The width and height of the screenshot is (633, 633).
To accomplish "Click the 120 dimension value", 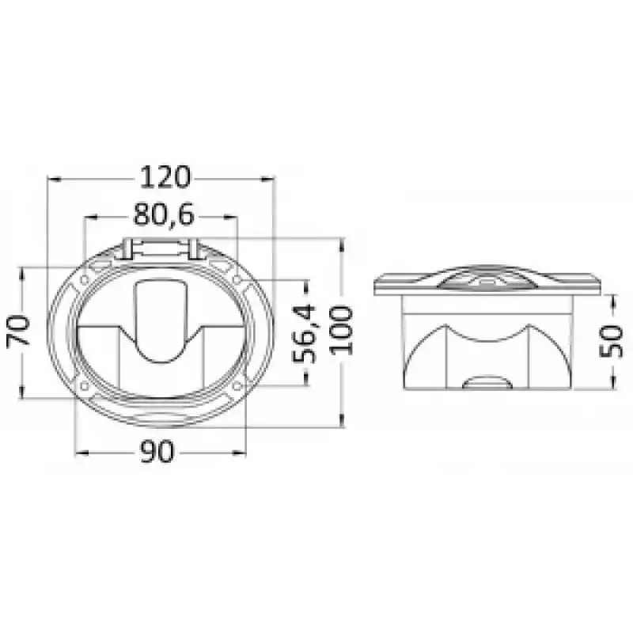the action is (165, 177).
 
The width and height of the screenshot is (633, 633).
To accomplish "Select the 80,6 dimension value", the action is (164, 214).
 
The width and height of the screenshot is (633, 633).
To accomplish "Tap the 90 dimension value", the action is (157, 452).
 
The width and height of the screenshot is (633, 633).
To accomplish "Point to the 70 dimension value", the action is (18, 331).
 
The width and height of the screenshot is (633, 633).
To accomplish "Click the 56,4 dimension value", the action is (304, 334).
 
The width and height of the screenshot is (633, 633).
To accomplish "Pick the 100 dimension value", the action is (342, 331).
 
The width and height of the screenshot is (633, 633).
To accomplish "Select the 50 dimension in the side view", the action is (611, 342).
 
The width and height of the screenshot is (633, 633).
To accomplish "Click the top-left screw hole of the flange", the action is (85, 279).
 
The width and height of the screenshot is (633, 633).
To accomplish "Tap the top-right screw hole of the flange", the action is (237, 279).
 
